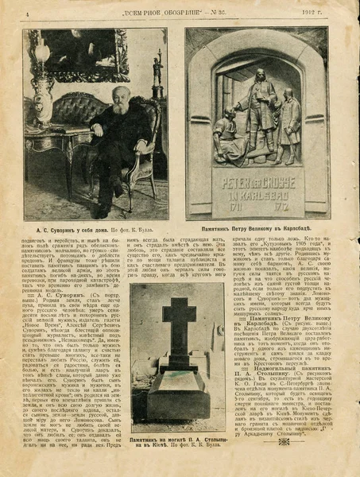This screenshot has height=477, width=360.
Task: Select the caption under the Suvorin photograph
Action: tap(95, 228)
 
